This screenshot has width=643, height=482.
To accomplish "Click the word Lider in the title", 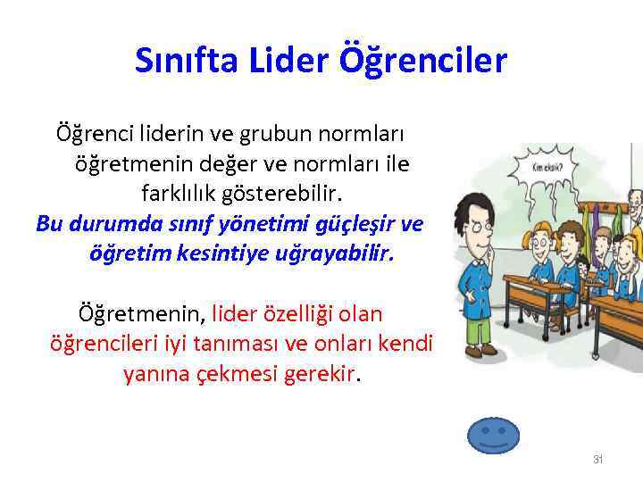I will (x=289, y=61).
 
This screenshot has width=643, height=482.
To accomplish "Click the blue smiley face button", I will (x=493, y=435).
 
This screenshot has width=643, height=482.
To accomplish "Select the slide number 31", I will (x=598, y=460).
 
